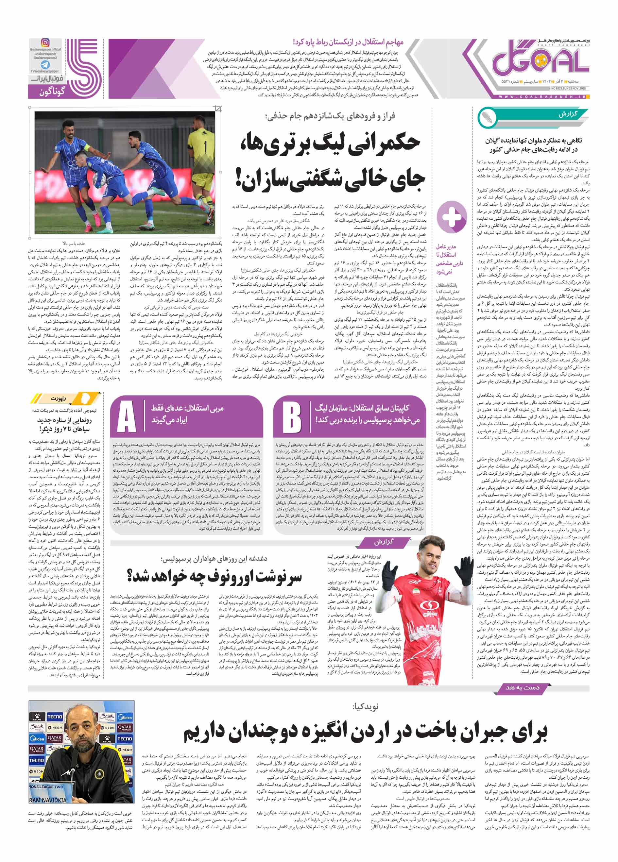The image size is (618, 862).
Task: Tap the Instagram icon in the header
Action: point(45,43)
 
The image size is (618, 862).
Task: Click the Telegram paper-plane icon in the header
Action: point(45,65)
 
